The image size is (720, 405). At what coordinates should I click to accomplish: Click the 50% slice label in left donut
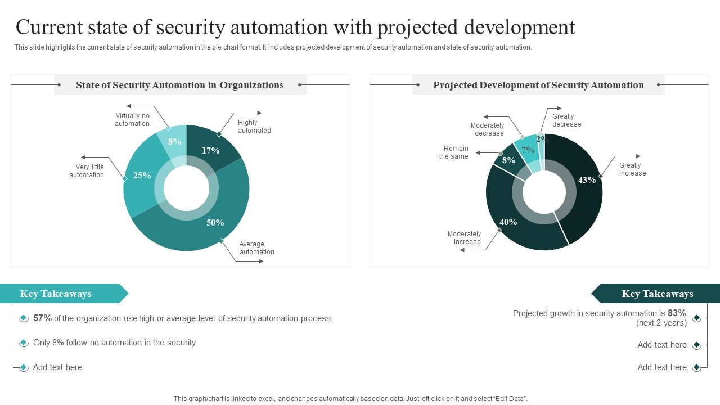point(215,223)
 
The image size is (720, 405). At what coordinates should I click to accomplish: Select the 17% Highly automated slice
point(210,150)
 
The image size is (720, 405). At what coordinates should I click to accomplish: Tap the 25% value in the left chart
point(142,175)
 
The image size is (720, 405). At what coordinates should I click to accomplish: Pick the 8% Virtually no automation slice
point(174,142)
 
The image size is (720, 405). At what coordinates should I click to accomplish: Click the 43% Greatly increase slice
point(587,180)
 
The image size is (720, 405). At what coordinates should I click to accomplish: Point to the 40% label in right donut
point(508,222)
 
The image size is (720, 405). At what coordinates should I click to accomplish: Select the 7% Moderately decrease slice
point(528,150)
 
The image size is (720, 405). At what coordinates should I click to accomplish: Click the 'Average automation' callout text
point(256,248)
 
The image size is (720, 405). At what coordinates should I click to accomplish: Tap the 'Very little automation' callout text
point(87,171)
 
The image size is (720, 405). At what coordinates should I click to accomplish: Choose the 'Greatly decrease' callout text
point(566,120)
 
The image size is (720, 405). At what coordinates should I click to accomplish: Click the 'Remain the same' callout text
point(454,152)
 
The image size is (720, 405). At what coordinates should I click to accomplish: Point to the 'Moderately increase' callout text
point(465,238)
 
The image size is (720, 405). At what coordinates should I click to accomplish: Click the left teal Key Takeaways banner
point(56,294)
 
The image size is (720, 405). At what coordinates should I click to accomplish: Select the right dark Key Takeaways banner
point(657,294)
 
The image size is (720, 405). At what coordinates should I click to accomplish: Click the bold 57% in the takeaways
point(42,318)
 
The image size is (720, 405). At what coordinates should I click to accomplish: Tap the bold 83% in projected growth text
point(677,313)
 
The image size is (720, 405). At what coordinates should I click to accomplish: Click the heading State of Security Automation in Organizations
point(180,85)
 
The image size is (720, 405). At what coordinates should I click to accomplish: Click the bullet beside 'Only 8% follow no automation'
point(24,343)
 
